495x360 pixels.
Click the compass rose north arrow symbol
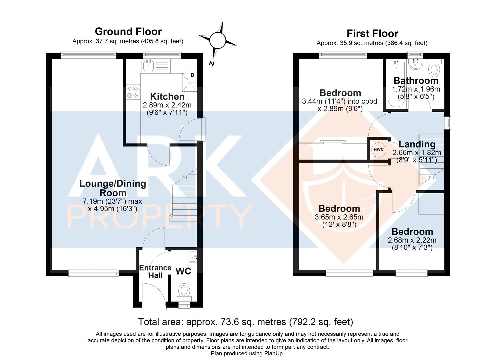click(x=218, y=41)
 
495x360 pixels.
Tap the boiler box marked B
click(x=192, y=75)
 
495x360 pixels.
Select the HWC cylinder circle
click(x=379, y=149)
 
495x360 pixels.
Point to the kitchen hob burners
click(x=133, y=92)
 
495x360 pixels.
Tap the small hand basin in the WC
click(x=193, y=257)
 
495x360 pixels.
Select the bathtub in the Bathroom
click(x=396, y=84)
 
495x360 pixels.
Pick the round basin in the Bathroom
click(x=416, y=64)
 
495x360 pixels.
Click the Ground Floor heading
click(x=128, y=32)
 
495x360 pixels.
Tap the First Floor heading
click(x=372, y=34)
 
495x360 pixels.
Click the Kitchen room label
click(x=167, y=97)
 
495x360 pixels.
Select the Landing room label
click(x=417, y=144)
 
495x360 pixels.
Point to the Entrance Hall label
click(x=155, y=272)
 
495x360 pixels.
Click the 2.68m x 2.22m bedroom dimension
click(x=412, y=240)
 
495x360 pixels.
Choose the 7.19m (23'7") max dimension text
click(x=112, y=201)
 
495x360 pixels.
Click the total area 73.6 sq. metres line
click(x=246, y=322)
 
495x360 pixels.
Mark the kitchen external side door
click(x=192, y=130)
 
